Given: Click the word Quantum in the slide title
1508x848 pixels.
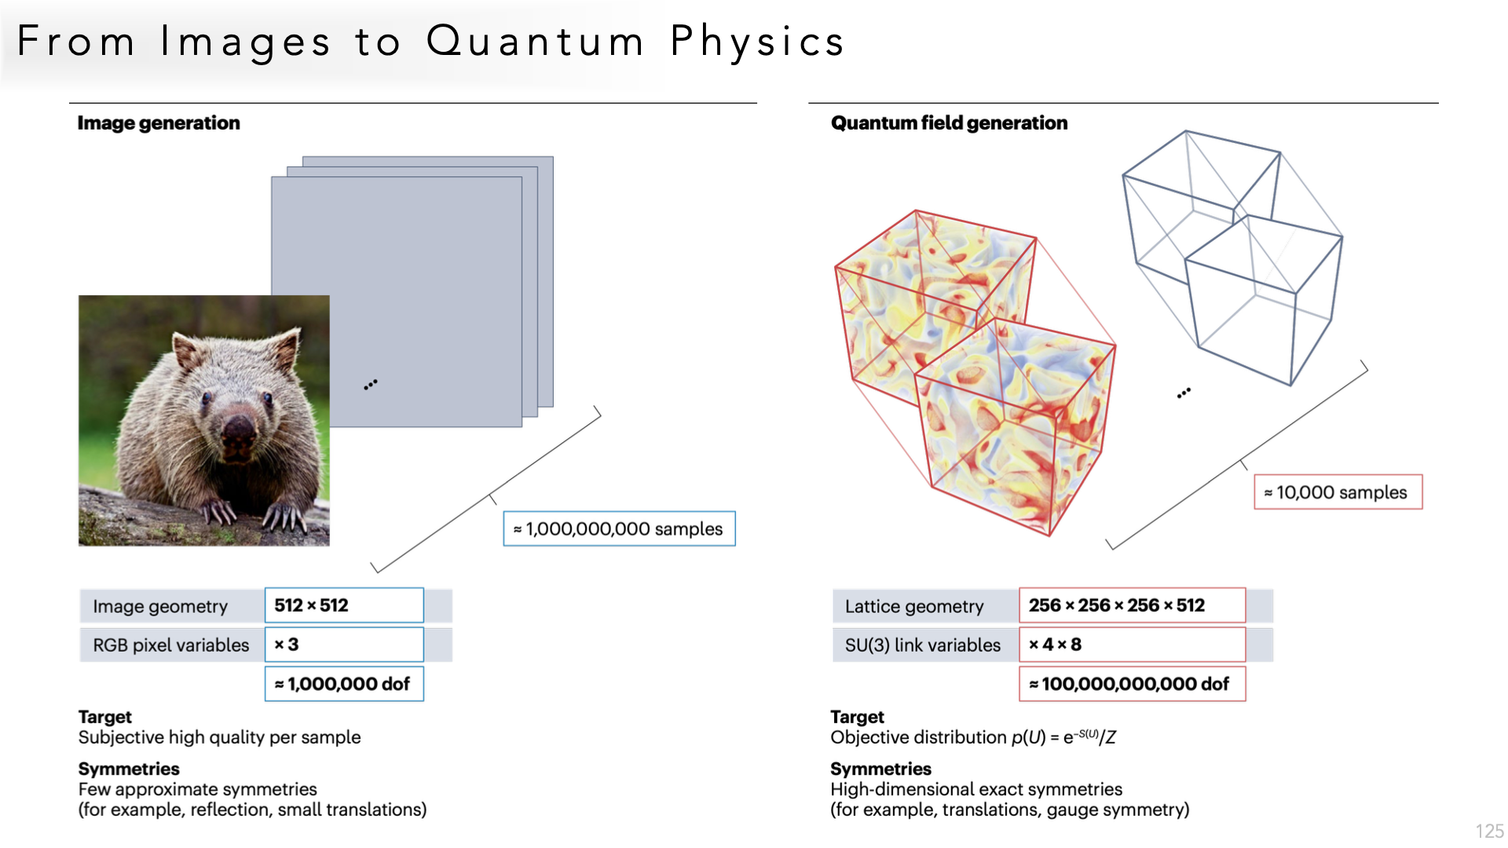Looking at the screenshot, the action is pyautogui.click(x=536, y=41).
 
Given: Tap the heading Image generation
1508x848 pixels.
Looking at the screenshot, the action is pyautogui.click(x=159, y=123).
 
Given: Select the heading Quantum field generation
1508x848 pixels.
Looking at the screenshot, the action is pyautogui.click(x=949, y=123).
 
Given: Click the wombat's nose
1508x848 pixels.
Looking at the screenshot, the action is pyautogui.click(x=237, y=430).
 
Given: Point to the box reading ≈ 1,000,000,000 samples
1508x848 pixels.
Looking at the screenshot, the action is pyautogui.click(x=619, y=528).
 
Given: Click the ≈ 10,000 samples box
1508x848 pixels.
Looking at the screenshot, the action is pyautogui.click(x=1338, y=492).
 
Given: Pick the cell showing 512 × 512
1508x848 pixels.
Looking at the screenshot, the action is pyautogui.click(x=344, y=605).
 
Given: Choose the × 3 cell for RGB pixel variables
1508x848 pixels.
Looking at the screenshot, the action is pyautogui.click(x=344, y=645).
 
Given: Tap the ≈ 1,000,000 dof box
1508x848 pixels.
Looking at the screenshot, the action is pyautogui.click(x=344, y=684).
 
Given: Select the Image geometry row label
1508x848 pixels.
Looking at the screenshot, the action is pyautogui.click(x=160, y=606).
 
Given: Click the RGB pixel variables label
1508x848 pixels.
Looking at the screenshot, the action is pyautogui.click(x=171, y=645).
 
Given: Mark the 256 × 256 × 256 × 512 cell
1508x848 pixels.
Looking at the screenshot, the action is pyautogui.click(x=1132, y=605).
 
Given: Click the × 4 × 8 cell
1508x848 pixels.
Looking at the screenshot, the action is pyautogui.click(x=1132, y=645).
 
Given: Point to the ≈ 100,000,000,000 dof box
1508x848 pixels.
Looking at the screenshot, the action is pyautogui.click(x=1132, y=684).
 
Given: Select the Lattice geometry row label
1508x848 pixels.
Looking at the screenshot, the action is pyautogui.click(x=914, y=606).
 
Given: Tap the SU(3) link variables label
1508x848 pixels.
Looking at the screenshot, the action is pyautogui.click(x=923, y=645).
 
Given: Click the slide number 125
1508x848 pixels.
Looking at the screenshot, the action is pyautogui.click(x=1489, y=831).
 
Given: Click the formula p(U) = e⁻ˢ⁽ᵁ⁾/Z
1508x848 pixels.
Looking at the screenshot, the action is pyautogui.click(x=1063, y=737).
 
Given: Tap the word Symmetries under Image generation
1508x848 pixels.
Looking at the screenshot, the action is pyautogui.click(x=129, y=769).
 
